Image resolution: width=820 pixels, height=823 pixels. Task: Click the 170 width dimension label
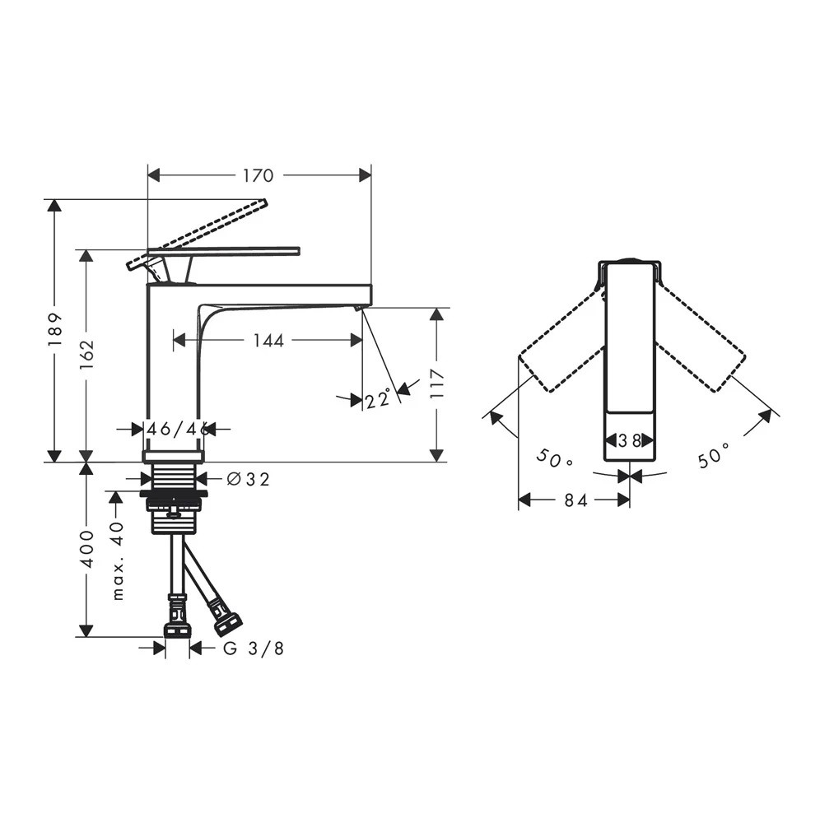(x=258, y=175)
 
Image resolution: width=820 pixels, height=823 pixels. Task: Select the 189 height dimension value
(x=55, y=329)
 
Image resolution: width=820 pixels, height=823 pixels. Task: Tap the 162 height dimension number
(x=86, y=354)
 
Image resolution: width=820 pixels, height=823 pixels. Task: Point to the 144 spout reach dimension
(x=268, y=341)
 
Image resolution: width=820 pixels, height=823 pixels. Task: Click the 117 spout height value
(x=437, y=384)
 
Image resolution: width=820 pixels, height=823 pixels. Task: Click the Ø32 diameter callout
(x=249, y=479)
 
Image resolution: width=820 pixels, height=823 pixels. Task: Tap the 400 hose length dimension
(x=86, y=548)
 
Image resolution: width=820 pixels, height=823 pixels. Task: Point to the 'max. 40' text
(x=119, y=560)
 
